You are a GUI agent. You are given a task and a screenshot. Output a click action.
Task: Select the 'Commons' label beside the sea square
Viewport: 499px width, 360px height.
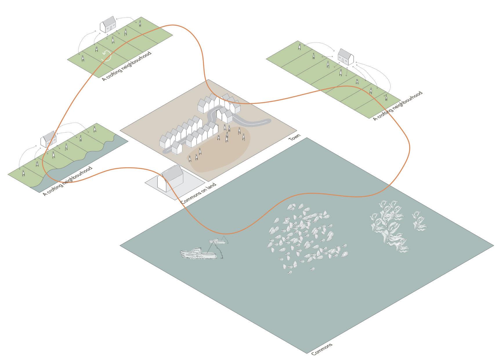click(322, 349)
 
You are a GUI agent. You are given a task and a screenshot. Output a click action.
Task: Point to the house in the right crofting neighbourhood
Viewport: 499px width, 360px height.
click(346, 57)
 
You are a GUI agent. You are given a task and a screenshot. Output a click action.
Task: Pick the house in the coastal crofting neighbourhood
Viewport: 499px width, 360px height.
click(48, 139)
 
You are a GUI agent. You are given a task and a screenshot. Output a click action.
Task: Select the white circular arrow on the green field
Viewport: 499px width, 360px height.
click(106, 56)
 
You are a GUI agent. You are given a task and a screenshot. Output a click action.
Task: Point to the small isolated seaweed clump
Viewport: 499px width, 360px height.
click(419, 221)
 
